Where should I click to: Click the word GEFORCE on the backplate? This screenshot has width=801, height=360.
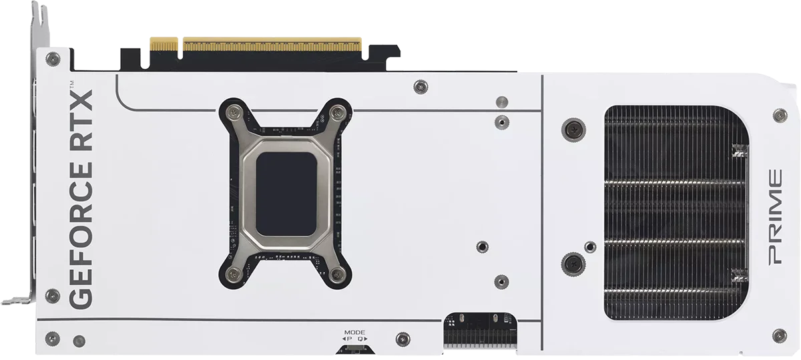click(x=81, y=235)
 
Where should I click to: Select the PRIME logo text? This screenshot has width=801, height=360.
click(x=775, y=217)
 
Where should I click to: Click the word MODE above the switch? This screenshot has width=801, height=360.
click(x=354, y=333)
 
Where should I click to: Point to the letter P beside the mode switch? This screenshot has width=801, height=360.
click(x=349, y=339)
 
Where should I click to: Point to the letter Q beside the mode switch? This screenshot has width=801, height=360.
click(x=360, y=339)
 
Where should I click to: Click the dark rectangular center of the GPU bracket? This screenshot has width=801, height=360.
click(x=286, y=194)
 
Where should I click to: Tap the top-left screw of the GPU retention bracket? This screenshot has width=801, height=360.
click(x=234, y=113)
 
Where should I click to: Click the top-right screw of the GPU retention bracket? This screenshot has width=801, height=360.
click(x=337, y=113)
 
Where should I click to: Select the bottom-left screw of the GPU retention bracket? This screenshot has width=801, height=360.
click(x=234, y=275)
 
